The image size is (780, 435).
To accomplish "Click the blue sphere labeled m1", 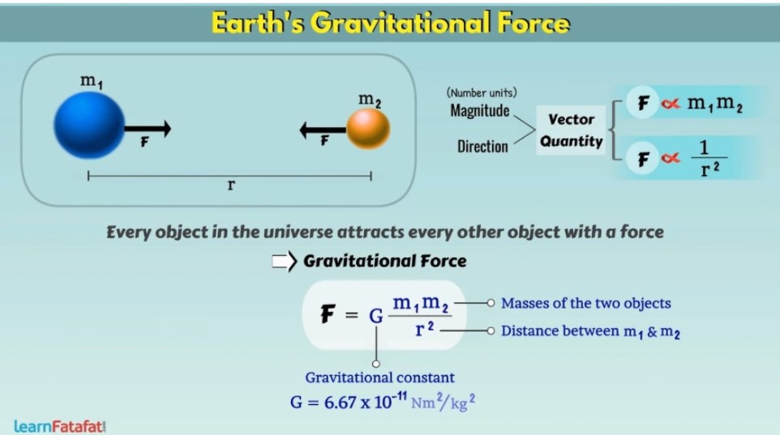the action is (x=89, y=126).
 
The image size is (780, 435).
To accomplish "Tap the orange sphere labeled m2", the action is (x=368, y=130).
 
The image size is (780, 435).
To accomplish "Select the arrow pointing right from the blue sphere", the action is (x=148, y=129).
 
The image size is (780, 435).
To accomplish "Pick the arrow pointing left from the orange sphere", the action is (x=323, y=130).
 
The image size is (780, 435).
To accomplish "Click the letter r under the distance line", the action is (x=231, y=185).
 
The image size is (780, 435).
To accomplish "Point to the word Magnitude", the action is (x=479, y=110).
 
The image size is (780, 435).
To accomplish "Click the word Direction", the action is (x=482, y=146).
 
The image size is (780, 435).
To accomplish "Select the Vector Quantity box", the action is (x=571, y=130).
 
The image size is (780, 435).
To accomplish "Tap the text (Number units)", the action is (x=482, y=92).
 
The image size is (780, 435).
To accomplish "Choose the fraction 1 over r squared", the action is (x=709, y=158).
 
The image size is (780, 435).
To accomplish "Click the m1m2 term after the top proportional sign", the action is (x=715, y=104).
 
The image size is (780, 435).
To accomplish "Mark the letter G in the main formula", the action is (x=376, y=316).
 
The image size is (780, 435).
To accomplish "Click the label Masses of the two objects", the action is (x=586, y=303).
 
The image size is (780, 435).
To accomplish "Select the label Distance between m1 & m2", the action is (x=590, y=331).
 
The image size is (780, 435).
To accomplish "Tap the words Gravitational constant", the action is (x=379, y=377).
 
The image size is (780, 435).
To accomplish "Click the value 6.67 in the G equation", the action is (x=340, y=402).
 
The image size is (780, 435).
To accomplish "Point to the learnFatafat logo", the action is (x=60, y=426).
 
